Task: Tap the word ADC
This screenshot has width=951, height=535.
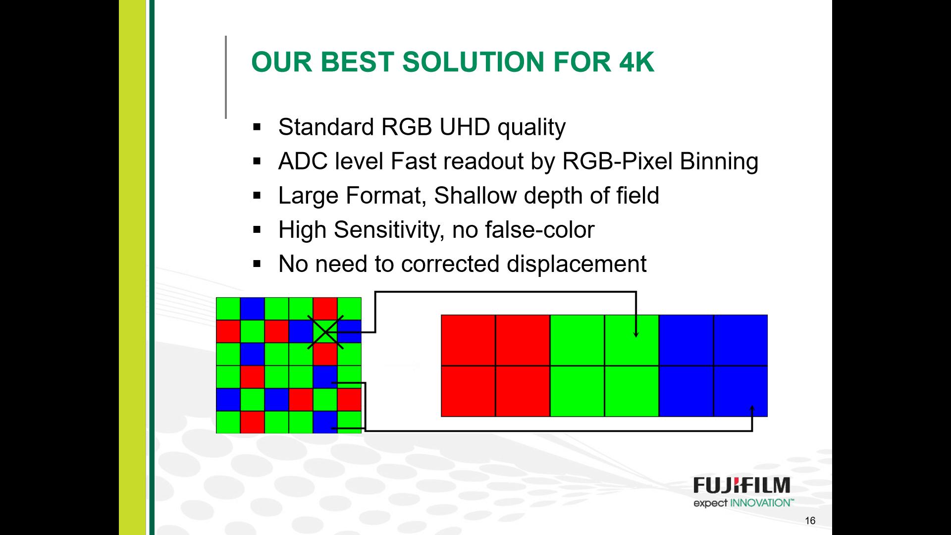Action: [x=303, y=161]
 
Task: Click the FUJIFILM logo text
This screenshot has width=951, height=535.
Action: [x=741, y=485]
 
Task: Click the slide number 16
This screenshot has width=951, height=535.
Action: [x=810, y=521]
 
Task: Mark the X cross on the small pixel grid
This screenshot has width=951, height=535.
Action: [x=325, y=332]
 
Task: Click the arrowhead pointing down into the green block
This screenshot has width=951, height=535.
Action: [x=636, y=334]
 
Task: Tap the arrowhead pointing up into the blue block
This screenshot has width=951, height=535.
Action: [x=752, y=408]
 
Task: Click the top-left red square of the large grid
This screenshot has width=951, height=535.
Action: [x=468, y=340]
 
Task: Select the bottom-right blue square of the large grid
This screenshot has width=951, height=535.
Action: [x=740, y=391]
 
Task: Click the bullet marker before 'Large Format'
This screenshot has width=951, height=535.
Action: [x=257, y=196]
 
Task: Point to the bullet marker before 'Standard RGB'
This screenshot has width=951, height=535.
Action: [x=257, y=127]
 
